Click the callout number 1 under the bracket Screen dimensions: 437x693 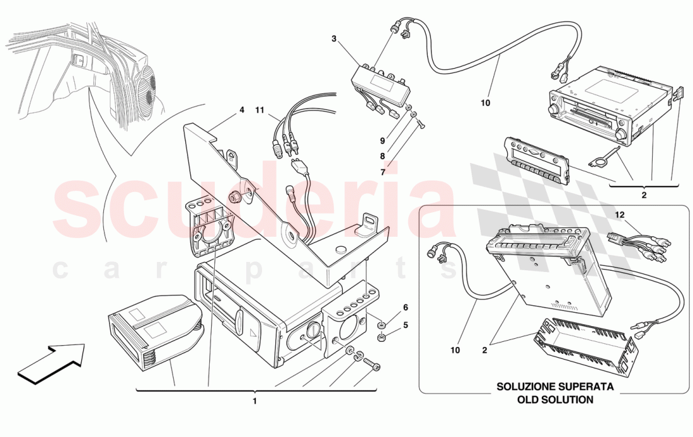pos(255,400)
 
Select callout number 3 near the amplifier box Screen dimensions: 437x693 pos(335,39)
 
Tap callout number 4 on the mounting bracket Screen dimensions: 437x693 pos(241,110)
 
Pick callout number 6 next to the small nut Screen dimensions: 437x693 pos(406,307)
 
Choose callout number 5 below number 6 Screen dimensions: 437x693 pos(406,326)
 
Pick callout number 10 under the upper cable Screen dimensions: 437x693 pos(485,102)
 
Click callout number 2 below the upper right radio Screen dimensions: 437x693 pos(643,195)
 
